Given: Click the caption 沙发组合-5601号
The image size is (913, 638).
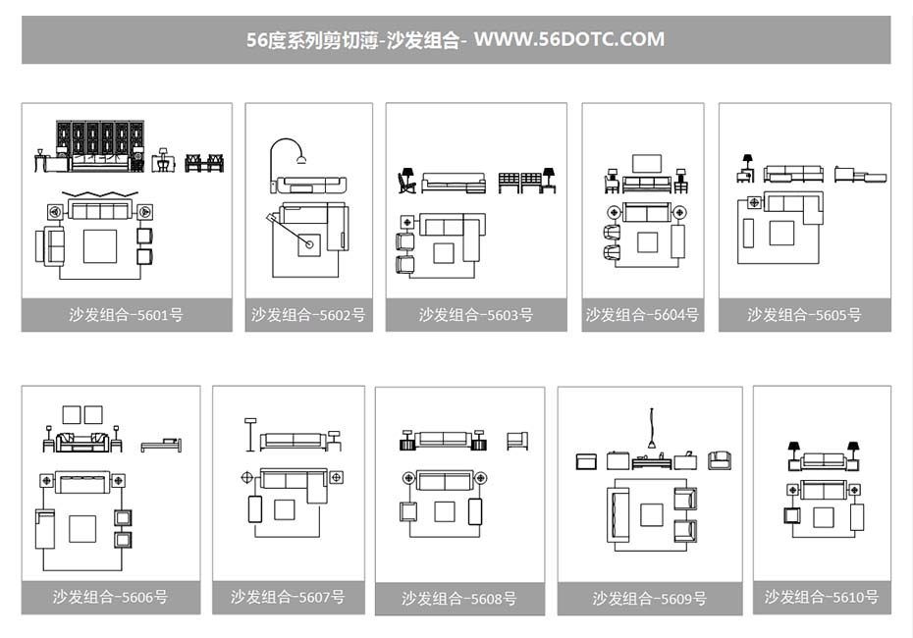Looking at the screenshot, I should click(x=126, y=315).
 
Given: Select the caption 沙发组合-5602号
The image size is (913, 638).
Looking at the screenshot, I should click(x=308, y=315).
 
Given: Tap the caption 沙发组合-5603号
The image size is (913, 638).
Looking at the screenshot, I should click(x=476, y=315).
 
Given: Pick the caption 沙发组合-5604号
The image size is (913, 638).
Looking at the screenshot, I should click(x=642, y=315).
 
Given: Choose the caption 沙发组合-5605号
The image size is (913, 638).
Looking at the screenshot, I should click(x=804, y=315).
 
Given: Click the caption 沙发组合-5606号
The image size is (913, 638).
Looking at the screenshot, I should click(x=110, y=597).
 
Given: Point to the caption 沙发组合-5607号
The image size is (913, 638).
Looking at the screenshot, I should click(x=288, y=597).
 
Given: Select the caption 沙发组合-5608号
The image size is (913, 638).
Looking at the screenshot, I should click(x=458, y=599).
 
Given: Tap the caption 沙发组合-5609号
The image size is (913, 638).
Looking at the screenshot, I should click(x=649, y=599).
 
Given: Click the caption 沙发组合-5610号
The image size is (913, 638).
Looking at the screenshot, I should click(x=822, y=597).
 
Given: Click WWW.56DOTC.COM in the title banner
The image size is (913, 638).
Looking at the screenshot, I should click(x=569, y=40).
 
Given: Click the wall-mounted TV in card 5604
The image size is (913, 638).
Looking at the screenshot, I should click(x=646, y=164).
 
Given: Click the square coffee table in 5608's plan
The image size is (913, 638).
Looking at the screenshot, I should click(x=445, y=511).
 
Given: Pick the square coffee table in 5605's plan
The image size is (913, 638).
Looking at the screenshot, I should click(x=781, y=233).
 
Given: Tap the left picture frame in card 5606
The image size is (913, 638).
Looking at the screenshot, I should click(x=72, y=414).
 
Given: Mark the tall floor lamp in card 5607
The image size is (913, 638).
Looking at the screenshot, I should click(x=250, y=433).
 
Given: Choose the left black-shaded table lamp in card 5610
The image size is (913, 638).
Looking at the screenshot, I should click(x=793, y=451).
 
